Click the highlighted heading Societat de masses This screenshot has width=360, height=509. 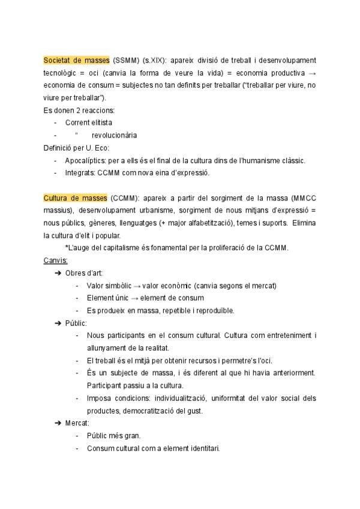[x=76, y=60]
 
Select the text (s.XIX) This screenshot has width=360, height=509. [x=155, y=60]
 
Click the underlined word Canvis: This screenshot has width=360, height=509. [x=56, y=260]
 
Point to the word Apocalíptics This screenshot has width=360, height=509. [x=86, y=160]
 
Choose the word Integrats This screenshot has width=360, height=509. [x=80, y=173]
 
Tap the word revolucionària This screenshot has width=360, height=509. [x=114, y=135]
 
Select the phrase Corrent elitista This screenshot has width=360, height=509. [x=89, y=122]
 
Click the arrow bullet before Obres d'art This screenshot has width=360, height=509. [x=58, y=273]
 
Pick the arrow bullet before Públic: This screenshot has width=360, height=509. [x=58, y=323]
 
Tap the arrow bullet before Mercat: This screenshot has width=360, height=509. [x=58, y=423]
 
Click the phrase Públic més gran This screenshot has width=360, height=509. [x=114, y=436]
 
